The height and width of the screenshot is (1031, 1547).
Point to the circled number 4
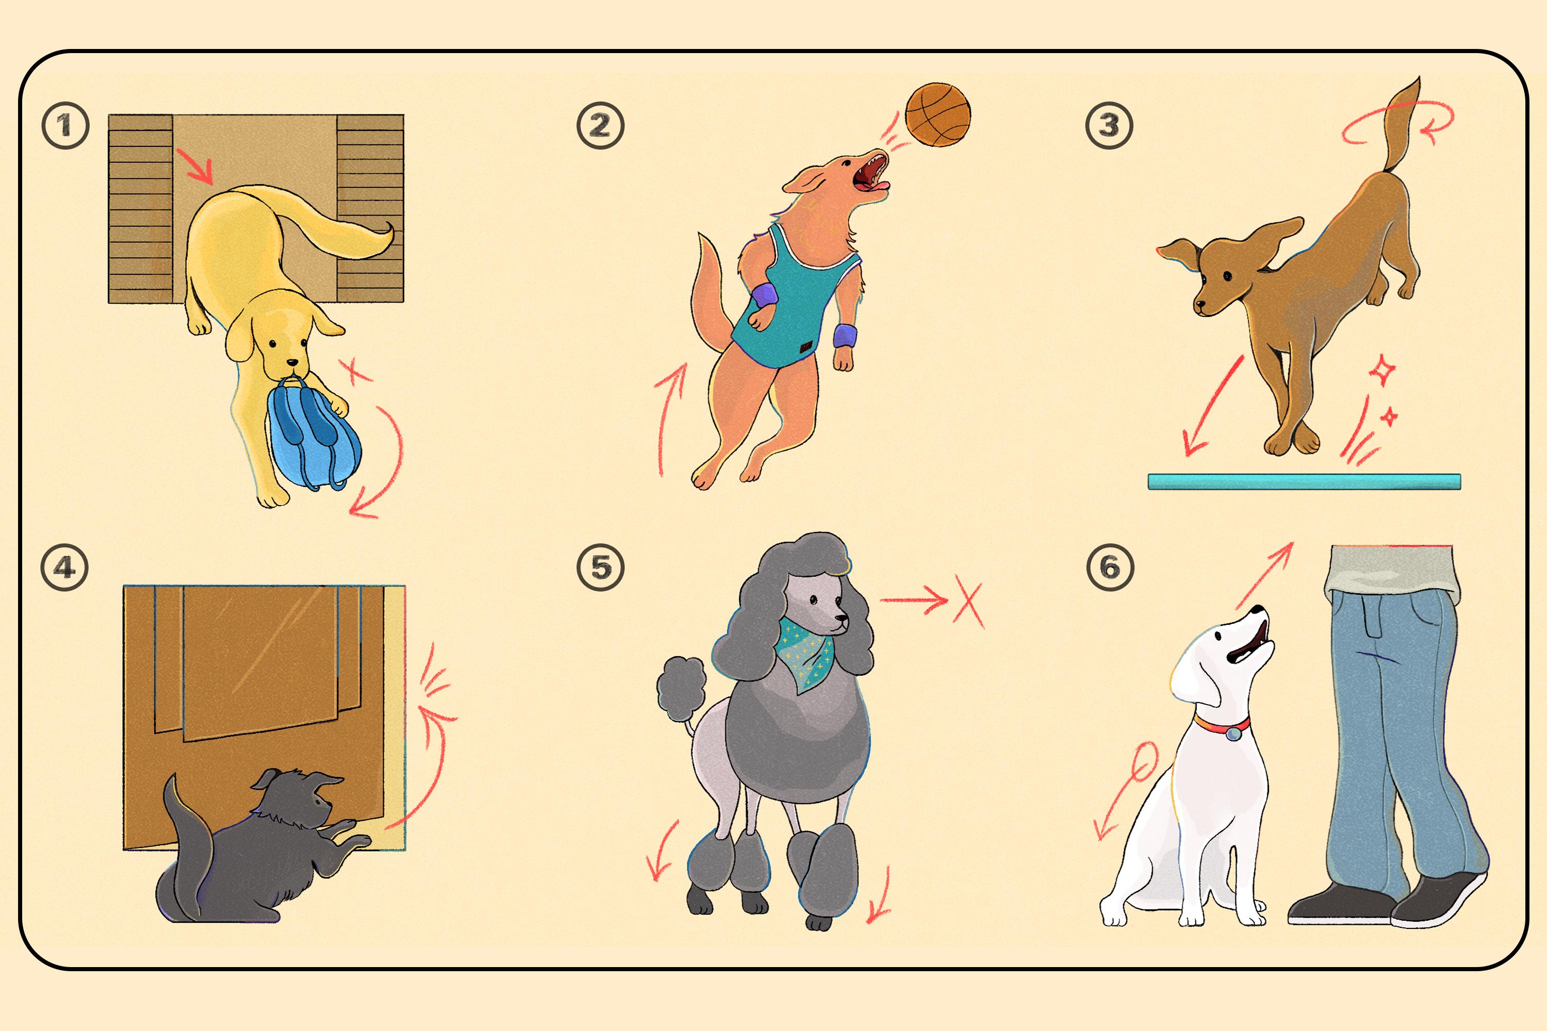click(64, 568)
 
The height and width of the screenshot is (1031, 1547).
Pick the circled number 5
click(601, 568)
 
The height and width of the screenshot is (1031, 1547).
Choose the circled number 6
click(1110, 568)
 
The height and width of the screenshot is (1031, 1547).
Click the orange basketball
click(938, 114)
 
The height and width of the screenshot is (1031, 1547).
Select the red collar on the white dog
click(1222, 727)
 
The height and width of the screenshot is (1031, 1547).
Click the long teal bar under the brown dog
click(1304, 481)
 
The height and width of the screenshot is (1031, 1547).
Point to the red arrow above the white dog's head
click(1264, 574)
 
